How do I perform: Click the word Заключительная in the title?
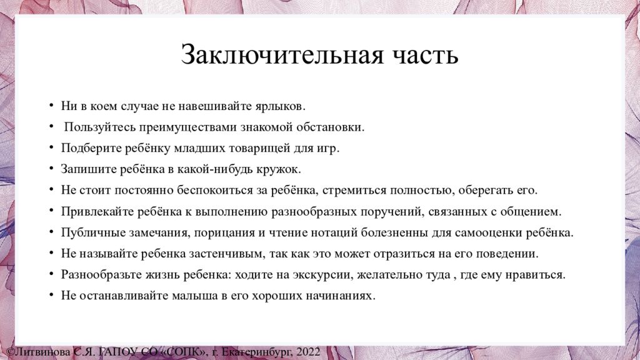pyautogui.click(x=282, y=55)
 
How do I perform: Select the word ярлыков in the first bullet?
pyautogui.click(x=280, y=106)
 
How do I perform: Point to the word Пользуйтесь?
pyautogui.click(x=100, y=127)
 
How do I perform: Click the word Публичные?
pyautogui.click(x=94, y=233)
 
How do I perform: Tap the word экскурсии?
pyautogui.click(x=322, y=275)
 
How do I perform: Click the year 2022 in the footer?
pyautogui.click(x=308, y=352)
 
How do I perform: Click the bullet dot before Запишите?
pyautogui.click(x=51, y=168)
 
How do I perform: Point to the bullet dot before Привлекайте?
pyautogui.click(x=51, y=211)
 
